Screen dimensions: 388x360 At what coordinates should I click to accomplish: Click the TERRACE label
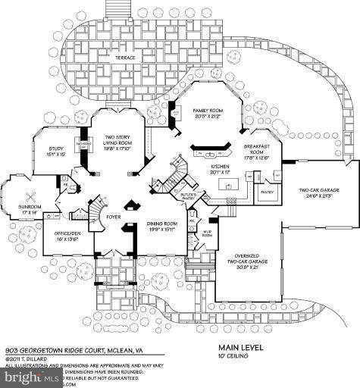pyautogui.click(x=120, y=58)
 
